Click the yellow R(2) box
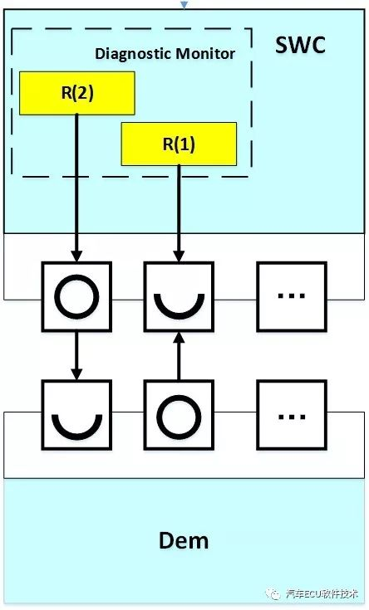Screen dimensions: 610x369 77,93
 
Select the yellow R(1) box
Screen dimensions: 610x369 179,144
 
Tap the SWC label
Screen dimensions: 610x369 300,46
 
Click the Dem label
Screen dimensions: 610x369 184,541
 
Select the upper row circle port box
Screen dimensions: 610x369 76,295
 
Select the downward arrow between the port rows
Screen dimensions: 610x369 76,354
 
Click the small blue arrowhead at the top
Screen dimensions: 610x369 184,5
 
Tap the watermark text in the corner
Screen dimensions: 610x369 322,594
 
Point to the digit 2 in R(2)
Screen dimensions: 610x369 81,93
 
